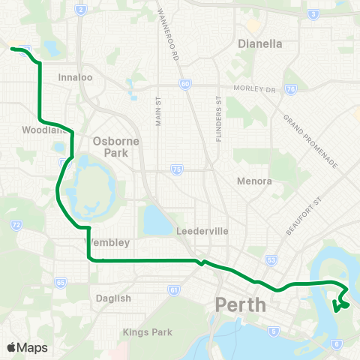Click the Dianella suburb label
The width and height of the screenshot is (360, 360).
point(259,43)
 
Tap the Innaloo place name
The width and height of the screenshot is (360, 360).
point(75,76)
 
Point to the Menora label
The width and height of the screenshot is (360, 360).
point(253,181)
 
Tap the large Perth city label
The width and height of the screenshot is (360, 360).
point(241,305)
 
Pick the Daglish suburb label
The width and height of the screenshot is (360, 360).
point(114,298)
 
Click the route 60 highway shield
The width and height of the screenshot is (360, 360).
point(184,84)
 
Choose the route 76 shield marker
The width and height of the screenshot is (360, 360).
point(289,88)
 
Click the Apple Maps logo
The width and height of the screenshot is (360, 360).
point(27,347)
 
